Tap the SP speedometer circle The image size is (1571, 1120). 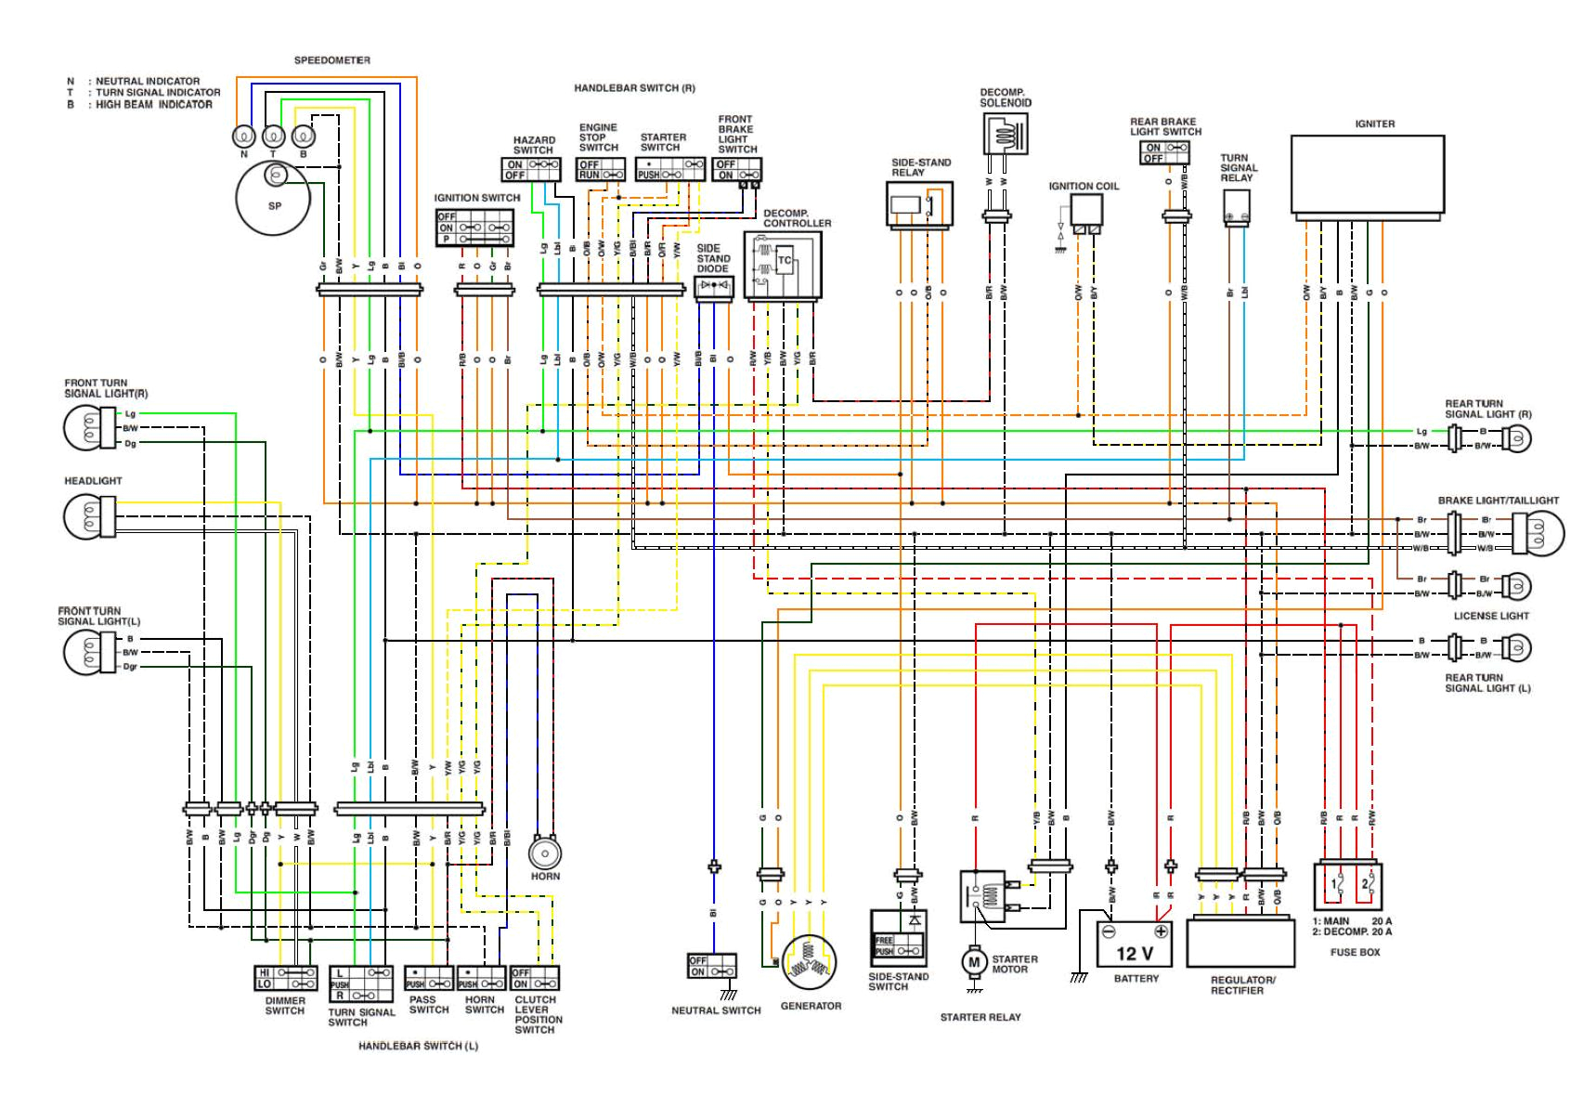274,200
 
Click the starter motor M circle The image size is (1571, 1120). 973,962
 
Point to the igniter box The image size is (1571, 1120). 1368,175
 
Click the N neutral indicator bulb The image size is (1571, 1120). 244,137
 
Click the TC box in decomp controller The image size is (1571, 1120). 785,261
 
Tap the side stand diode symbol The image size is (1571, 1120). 713,286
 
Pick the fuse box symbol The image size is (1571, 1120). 1348,886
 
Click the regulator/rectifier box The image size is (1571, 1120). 1240,943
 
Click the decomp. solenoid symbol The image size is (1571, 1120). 1005,135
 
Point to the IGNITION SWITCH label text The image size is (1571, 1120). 477,198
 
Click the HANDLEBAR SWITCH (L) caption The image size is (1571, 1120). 418,1046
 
